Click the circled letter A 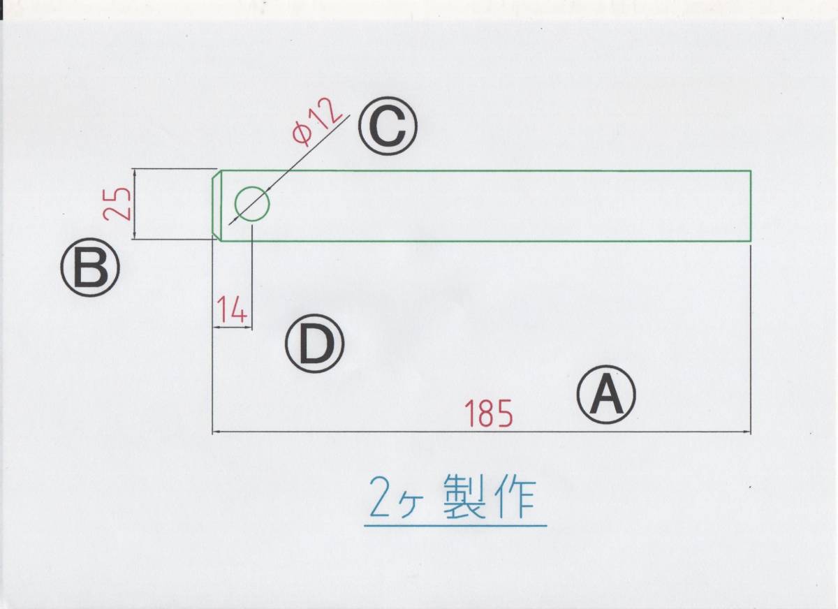tap(605, 395)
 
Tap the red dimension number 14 tap(231, 309)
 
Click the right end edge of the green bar tap(750, 205)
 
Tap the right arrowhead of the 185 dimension tap(746, 433)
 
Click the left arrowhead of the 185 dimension tap(216, 433)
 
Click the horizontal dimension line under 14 tap(231, 327)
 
